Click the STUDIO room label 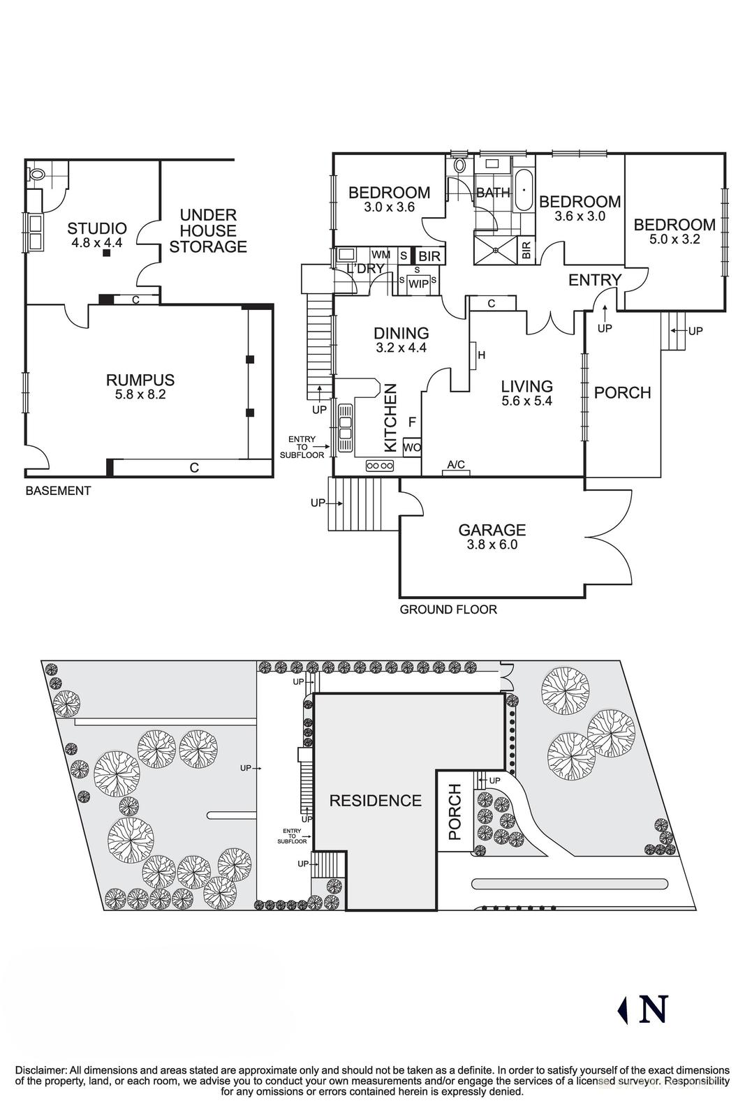point(97,228)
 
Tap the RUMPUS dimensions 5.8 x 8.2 point(140,394)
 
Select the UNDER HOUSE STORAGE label point(208,231)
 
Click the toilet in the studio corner point(38,175)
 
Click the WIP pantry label point(418,284)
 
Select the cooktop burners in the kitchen point(380,466)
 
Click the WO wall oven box point(412,447)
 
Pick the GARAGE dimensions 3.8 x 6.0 point(492,545)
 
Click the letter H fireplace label point(481,355)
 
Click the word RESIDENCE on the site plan point(376,801)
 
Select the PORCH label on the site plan point(455,812)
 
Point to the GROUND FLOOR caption point(448,609)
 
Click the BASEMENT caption point(58,491)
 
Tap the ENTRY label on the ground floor point(594,280)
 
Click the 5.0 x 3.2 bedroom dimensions point(674,239)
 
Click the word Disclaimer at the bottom point(40,1070)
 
